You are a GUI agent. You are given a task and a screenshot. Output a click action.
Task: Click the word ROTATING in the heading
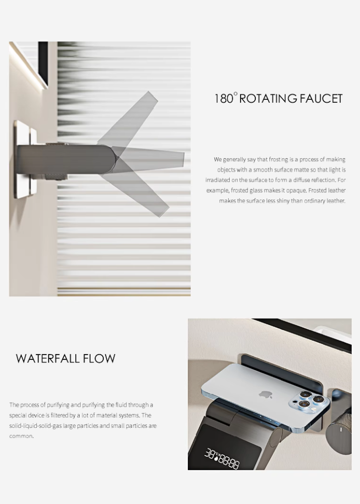click(269, 98)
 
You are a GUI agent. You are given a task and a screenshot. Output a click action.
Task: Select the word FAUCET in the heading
click(322, 98)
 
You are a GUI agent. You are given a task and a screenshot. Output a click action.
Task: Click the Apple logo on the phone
click(266, 394)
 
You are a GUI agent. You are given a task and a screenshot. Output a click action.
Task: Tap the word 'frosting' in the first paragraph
click(279, 159)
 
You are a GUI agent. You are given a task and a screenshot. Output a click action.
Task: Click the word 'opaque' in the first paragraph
click(297, 190)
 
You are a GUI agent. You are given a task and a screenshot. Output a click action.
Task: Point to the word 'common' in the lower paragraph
click(21, 436)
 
